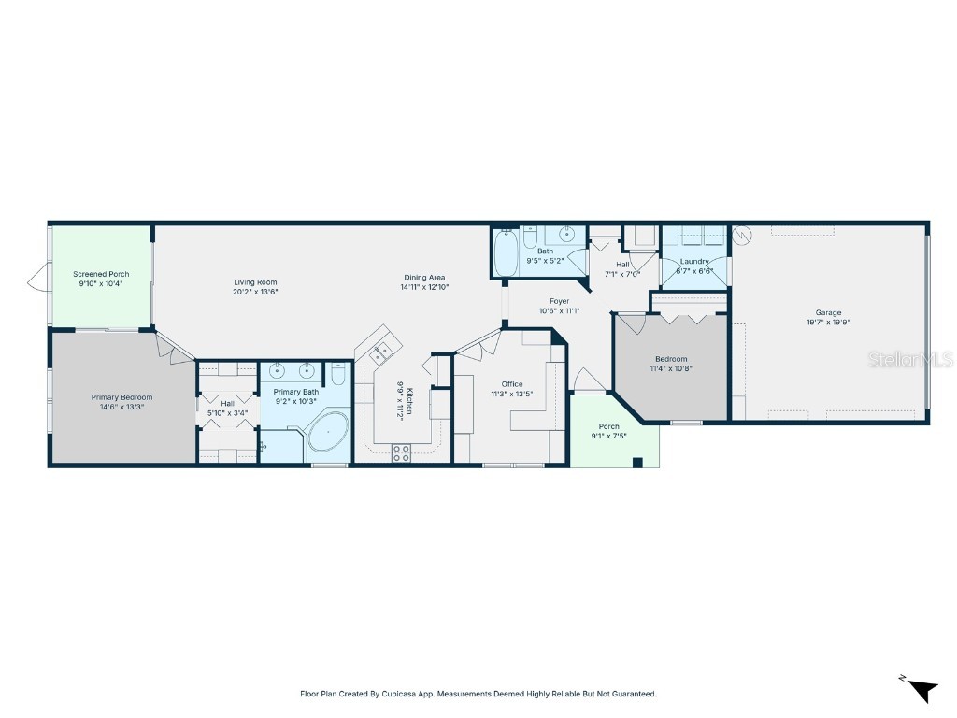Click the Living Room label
point(255,282)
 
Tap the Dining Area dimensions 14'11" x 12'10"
point(425,288)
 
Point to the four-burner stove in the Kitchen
point(401,453)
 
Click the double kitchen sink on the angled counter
point(381,352)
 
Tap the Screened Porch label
point(101,274)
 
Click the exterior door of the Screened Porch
point(37,277)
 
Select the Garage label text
point(828,312)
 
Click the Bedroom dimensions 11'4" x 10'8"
point(671,368)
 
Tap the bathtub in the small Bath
point(506,252)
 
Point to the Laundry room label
point(694,262)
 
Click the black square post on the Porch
point(637,462)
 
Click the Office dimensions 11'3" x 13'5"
point(511,395)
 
